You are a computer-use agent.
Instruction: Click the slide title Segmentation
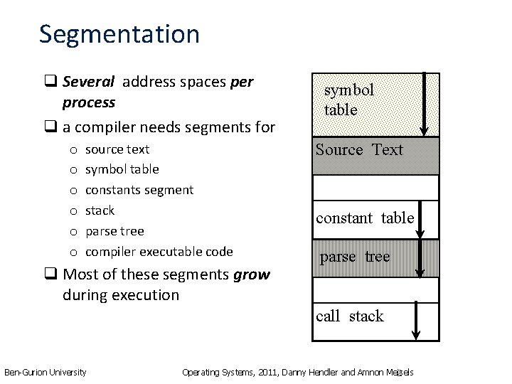(x=119, y=34)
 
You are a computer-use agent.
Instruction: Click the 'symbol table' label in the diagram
(x=348, y=100)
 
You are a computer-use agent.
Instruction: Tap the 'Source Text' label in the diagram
(x=359, y=149)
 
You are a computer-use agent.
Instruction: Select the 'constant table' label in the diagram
(x=365, y=218)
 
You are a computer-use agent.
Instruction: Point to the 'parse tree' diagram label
(x=355, y=257)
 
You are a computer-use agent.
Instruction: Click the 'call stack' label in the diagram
(x=349, y=316)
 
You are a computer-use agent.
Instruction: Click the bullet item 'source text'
(x=117, y=149)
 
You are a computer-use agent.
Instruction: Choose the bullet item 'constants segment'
(x=139, y=190)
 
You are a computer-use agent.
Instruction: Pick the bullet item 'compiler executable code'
(x=159, y=251)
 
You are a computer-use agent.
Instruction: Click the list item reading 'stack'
(x=100, y=210)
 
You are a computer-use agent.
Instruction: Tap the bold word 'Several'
(x=90, y=82)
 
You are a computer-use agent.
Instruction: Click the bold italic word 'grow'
(x=251, y=274)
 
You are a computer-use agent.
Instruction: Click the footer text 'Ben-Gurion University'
(x=46, y=372)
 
